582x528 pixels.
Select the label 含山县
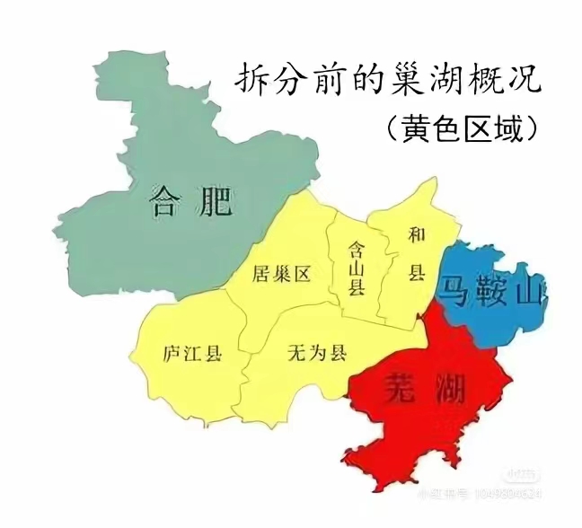click(357, 268)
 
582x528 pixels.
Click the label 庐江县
click(192, 353)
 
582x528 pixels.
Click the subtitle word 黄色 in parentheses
click(430, 128)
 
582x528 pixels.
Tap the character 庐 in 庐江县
click(172, 353)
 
